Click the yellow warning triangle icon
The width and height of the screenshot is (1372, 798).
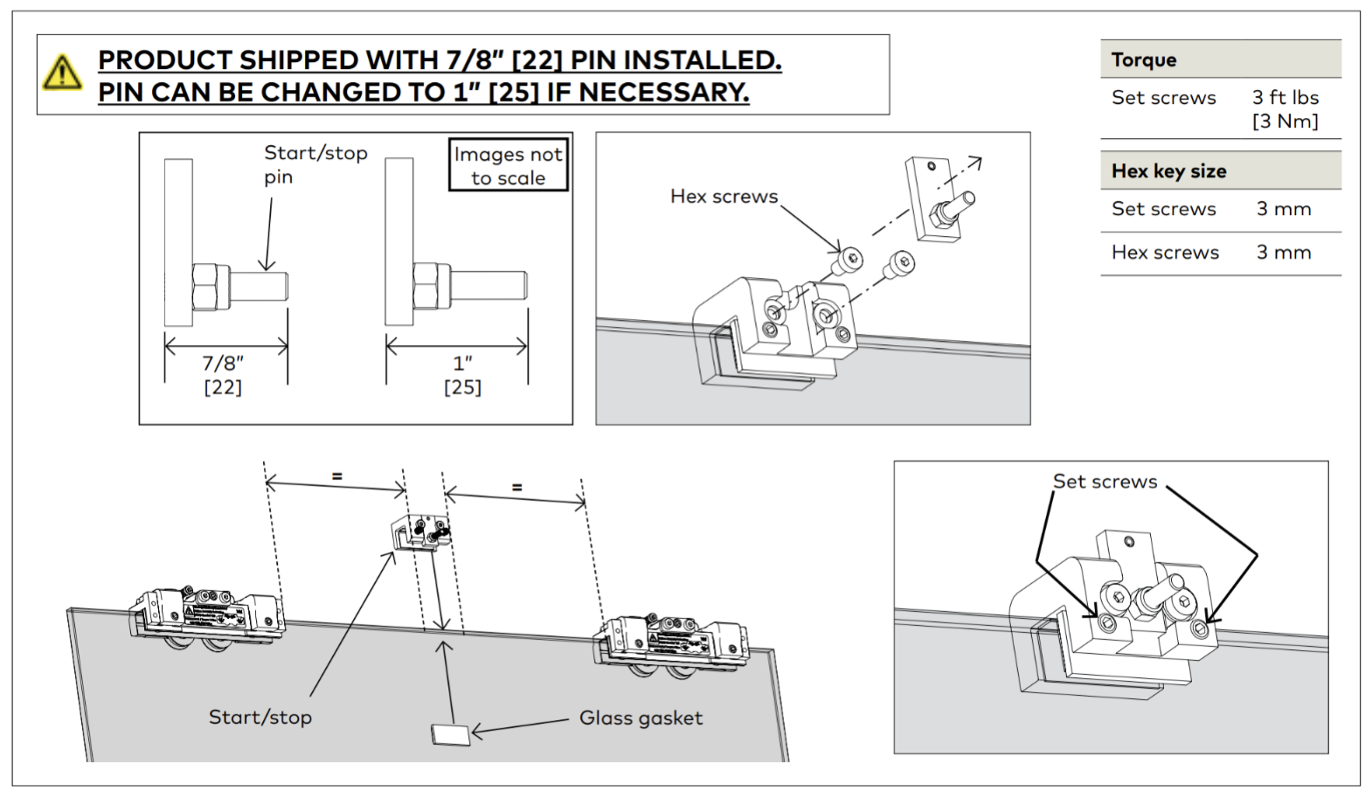point(62,73)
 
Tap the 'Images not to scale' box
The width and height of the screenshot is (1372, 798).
point(508,165)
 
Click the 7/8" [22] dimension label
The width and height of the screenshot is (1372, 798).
point(223,375)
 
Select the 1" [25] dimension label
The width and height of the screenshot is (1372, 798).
point(462,375)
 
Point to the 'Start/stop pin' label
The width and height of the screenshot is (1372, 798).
point(315,164)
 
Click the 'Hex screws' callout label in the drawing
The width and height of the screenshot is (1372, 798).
point(724,196)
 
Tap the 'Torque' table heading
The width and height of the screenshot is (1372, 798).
point(1144,60)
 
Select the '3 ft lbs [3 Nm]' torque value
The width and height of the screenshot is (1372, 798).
point(1285,109)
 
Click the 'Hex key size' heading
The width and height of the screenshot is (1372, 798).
point(1168,170)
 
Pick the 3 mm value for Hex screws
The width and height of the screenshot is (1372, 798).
point(1284,253)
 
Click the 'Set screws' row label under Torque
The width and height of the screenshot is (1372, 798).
point(1164,97)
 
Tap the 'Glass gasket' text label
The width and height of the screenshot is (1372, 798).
point(641,718)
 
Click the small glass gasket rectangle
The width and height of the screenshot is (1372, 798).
point(451,734)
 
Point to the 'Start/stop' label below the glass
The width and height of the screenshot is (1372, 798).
point(260,718)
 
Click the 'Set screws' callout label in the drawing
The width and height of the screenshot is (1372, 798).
point(1105,482)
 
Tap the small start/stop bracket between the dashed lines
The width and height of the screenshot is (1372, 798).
point(421,531)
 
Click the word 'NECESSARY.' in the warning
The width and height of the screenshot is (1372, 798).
point(664,93)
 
